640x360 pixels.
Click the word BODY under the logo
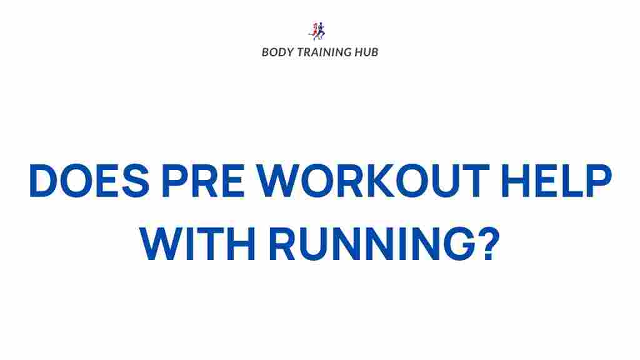pos(276,52)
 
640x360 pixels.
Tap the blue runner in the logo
pos(322,31)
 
